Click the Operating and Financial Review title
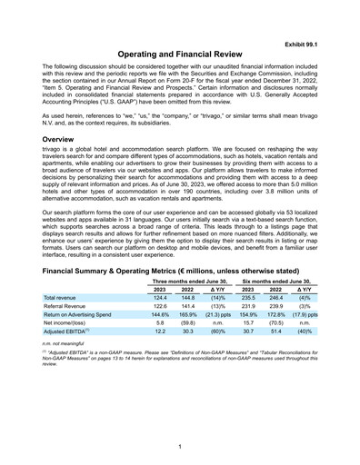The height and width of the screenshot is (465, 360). click(180, 55)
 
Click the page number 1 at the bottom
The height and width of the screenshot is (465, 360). click(180, 445)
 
